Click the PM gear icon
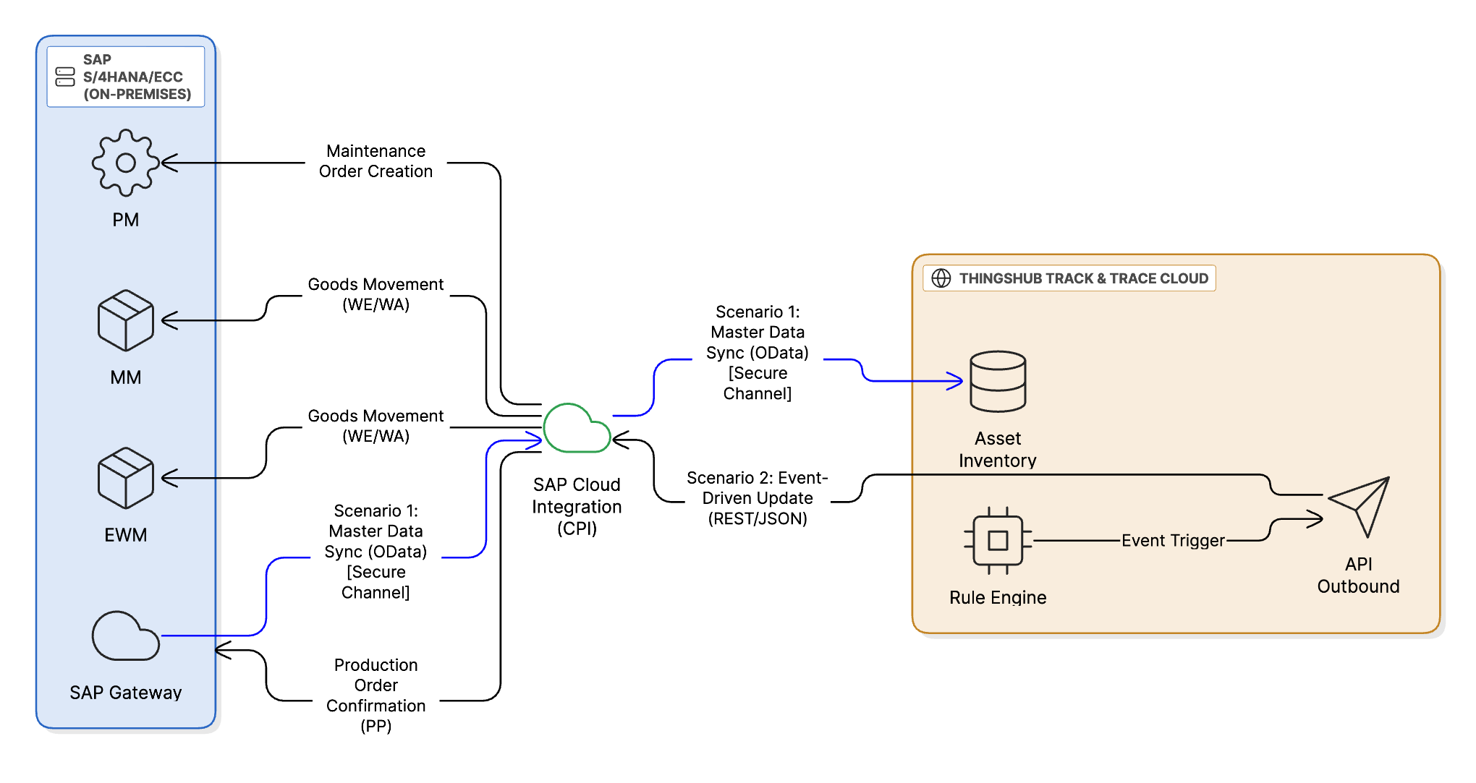pos(126,163)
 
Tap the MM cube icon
pos(126,320)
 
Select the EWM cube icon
pos(126,478)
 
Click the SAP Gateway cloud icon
pos(126,636)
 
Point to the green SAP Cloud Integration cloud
pos(577,429)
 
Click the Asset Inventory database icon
pos(998,381)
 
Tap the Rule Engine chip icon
pos(998,540)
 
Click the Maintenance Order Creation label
pos(376,161)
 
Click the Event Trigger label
pos(1173,540)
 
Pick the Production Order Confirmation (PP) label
pos(376,695)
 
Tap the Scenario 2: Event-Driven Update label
pos(757,498)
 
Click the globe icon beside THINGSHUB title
pos(941,278)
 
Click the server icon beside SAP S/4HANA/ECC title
pos(65,77)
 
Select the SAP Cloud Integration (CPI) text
pos(577,506)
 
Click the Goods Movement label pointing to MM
pos(376,294)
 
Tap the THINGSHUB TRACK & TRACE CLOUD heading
pos(1083,278)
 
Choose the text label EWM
pos(126,535)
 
